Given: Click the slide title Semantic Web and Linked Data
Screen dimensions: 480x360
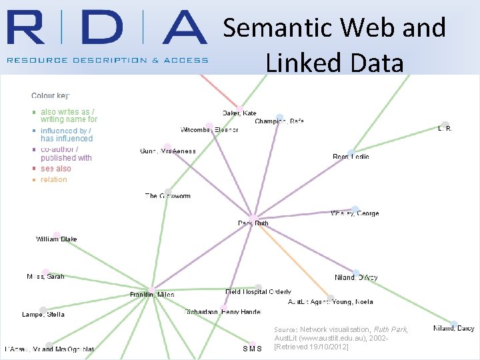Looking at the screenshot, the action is (x=334, y=45).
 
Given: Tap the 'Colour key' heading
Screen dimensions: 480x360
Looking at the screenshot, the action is (x=50, y=96).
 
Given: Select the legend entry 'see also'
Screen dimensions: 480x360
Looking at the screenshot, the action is (x=55, y=169).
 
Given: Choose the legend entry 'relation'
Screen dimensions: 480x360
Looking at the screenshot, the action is (x=53, y=179).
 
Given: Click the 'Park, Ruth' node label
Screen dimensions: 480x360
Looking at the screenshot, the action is (x=253, y=223).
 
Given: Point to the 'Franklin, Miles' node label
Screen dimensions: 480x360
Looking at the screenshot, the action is (x=152, y=295).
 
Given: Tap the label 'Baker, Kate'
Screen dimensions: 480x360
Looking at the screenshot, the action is (x=239, y=113).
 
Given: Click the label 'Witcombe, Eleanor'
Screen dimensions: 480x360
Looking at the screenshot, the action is (x=209, y=129).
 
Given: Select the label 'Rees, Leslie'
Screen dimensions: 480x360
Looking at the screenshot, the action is (x=351, y=157).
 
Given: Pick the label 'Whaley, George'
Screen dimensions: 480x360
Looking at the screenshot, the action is (x=355, y=213).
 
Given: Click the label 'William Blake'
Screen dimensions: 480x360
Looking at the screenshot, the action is (x=57, y=239).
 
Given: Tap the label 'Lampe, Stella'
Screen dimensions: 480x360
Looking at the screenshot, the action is (x=43, y=314).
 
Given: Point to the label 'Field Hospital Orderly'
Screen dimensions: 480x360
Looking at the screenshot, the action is (x=258, y=291).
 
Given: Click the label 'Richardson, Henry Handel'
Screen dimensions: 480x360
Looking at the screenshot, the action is (x=223, y=311).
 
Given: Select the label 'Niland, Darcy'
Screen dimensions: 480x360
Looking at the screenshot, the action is (x=453, y=328).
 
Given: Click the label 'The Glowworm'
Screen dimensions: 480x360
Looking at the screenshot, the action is (x=168, y=196).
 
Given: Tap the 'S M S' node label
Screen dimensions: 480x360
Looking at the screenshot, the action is (x=252, y=349).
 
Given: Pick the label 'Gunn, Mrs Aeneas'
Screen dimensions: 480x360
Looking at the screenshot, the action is (x=168, y=151).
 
